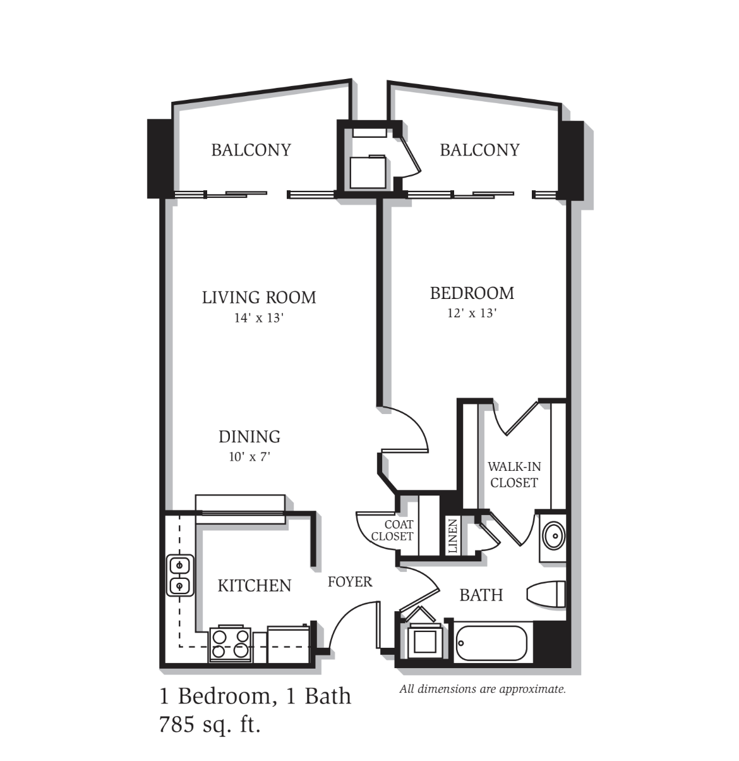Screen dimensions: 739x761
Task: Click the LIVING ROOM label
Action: point(259,298)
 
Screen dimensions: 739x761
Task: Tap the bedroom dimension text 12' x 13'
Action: point(472,314)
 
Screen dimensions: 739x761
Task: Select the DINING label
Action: point(249,437)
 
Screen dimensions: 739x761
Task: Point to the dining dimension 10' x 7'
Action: point(249,456)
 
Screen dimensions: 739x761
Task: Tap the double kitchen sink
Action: point(180,576)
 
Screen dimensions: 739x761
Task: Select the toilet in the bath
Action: point(546,594)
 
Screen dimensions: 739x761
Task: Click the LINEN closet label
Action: point(452,535)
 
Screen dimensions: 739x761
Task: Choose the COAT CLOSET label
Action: point(392,530)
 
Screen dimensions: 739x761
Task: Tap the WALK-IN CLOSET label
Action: point(514,474)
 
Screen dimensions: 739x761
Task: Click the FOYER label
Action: point(350,582)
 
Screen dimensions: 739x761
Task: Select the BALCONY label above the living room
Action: point(251,150)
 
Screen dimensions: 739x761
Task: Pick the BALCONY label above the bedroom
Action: point(479,150)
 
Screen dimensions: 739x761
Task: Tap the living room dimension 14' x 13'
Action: point(259,318)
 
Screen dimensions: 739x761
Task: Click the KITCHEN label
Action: point(255,586)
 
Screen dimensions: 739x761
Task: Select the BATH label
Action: point(481,595)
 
